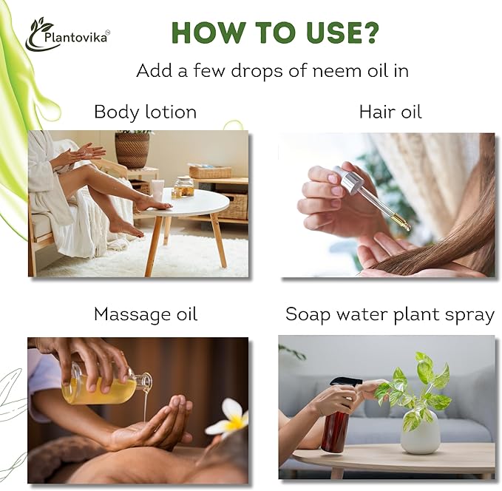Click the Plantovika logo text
coord(76,38)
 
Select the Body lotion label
coord(146,112)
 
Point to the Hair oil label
coord(390,112)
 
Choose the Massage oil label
coord(146,314)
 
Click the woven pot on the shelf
coord(132,150)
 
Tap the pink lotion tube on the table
coord(158,190)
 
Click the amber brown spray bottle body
coord(336,429)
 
